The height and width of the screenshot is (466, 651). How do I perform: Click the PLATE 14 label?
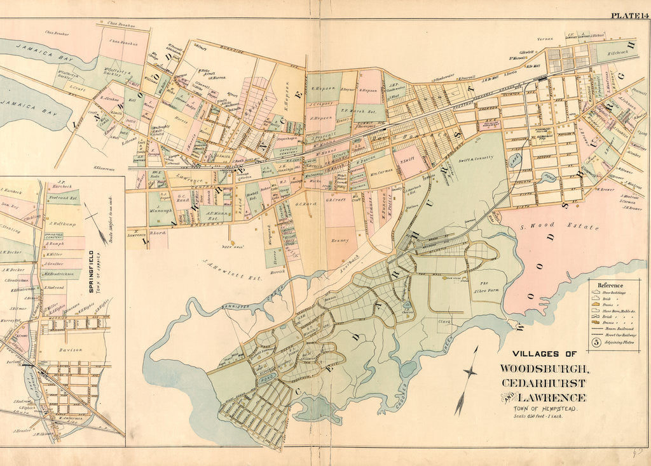628,16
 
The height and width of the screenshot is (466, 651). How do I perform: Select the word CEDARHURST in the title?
543,383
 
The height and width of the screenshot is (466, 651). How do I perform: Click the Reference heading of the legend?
610,286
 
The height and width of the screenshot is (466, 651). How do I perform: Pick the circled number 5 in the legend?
596,342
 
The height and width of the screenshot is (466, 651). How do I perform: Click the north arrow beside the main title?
469,380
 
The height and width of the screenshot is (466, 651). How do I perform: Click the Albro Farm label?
483,285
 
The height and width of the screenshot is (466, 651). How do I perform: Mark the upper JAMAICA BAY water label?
38,51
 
